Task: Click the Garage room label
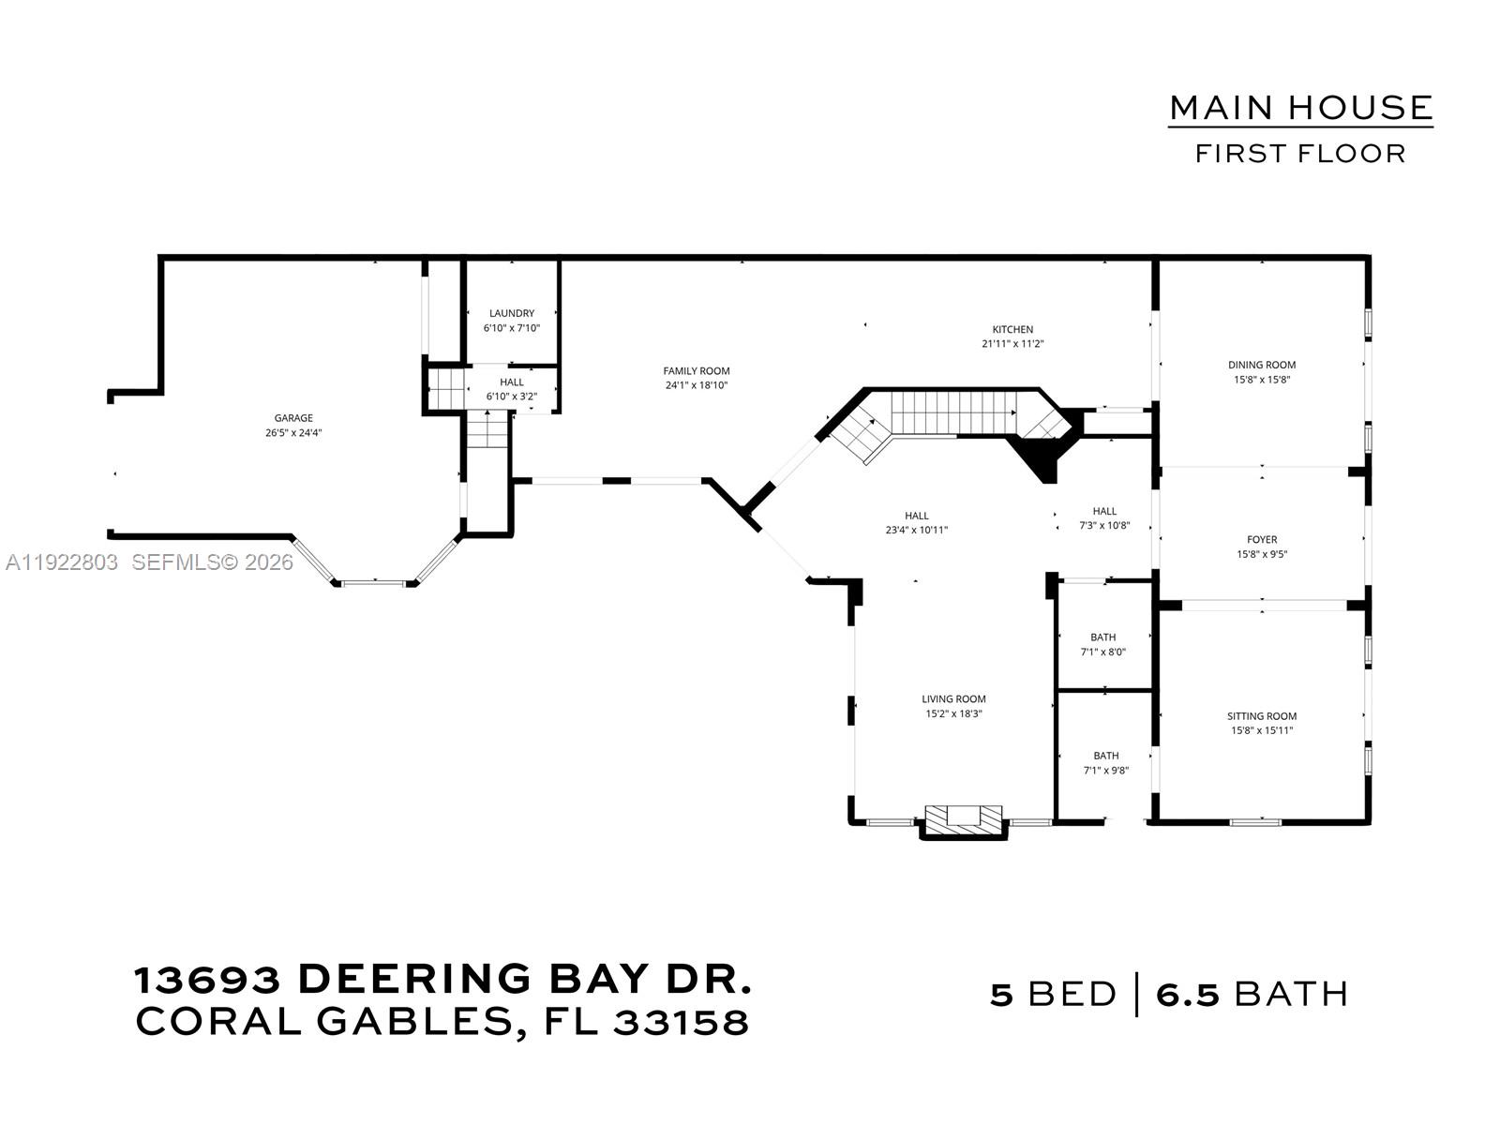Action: click(293, 418)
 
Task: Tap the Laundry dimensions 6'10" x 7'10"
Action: click(512, 328)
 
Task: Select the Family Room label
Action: click(697, 371)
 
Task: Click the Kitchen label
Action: click(1012, 329)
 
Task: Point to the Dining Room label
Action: click(1262, 365)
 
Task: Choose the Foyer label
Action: click(1262, 539)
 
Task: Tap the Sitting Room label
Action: click(1262, 715)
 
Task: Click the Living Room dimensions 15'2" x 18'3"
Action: click(953, 713)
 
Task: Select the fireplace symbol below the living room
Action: click(964, 817)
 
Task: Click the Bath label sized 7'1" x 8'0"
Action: click(1102, 637)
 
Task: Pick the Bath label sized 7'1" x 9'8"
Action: click(1106, 756)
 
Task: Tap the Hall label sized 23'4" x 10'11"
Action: click(917, 516)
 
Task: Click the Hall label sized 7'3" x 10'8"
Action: click(1104, 511)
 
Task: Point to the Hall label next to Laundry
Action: click(512, 382)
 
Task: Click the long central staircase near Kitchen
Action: click(951, 412)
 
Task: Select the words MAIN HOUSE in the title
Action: click(1300, 108)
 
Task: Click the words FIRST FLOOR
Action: click(1300, 154)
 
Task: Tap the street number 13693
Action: click(208, 980)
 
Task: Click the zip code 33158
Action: click(682, 1022)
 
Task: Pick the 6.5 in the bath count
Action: click(1188, 994)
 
